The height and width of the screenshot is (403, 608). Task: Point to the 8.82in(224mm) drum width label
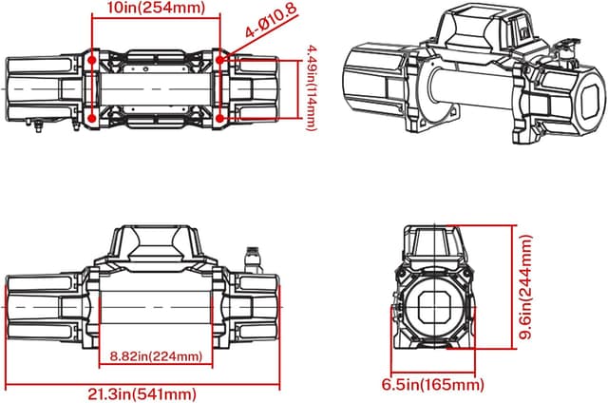click(156, 356)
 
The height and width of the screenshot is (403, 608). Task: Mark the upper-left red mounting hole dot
click(91, 59)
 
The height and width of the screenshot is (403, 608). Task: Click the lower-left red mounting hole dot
click(91, 118)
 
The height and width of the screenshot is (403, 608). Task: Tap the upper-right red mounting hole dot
click(220, 59)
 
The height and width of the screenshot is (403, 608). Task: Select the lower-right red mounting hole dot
click(220, 118)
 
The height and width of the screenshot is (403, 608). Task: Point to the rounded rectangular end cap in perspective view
click(585, 99)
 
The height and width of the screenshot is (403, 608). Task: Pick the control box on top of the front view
click(156, 243)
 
